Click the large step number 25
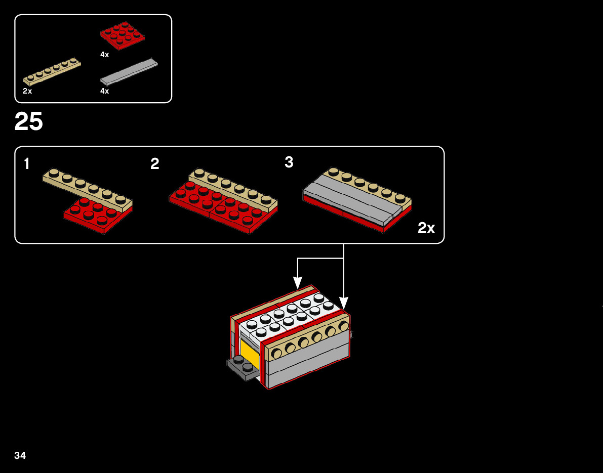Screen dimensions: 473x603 coord(29,122)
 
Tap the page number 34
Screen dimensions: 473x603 coord(20,456)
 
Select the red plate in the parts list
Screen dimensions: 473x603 coord(122,35)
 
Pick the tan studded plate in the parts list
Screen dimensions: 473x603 coord(52,71)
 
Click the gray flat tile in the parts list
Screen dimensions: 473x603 coord(129,71)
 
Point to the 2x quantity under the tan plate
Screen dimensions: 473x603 coord(27,91)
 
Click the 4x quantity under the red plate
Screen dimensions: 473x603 coord(105,55)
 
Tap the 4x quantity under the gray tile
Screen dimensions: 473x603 coord(105,91)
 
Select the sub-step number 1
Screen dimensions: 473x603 coord(26,164)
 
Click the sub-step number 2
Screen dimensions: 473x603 coord(155,164)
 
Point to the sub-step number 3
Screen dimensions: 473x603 coord(289,162)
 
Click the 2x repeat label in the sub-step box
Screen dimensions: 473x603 coord(426,228)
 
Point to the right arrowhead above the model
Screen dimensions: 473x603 coord(344,303)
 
